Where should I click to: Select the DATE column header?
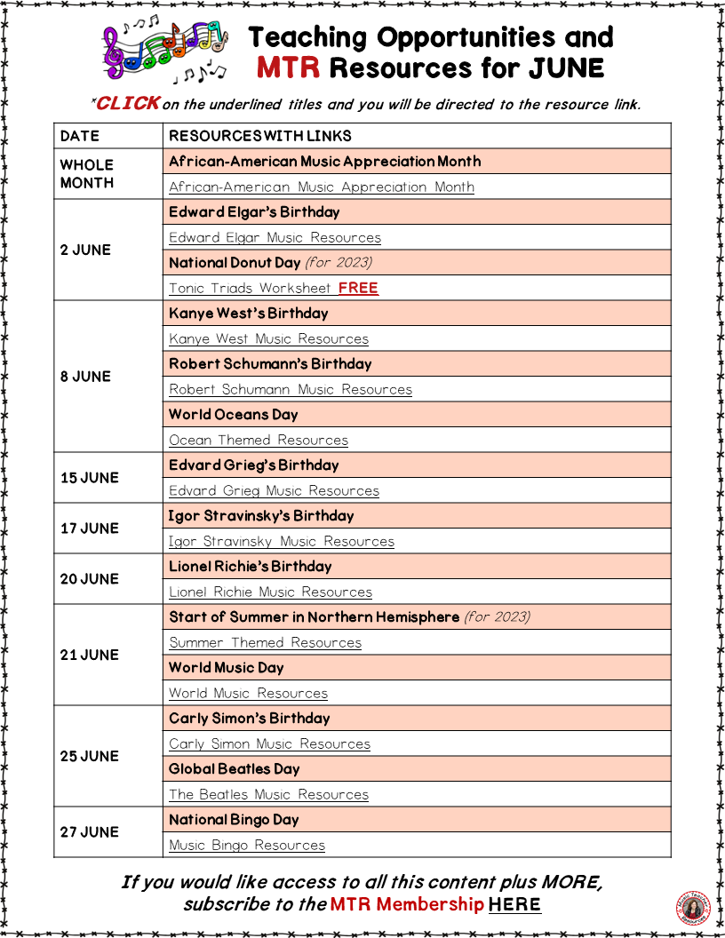[x=80, y=136]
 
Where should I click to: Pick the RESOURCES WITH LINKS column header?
[x=260, y=136]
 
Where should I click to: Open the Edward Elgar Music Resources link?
[x=275, y=237]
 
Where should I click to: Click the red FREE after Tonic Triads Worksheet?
[x=358, y=288]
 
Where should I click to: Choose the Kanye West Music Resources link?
[x=268, y=338]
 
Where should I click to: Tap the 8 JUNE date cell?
[x=85, y=377]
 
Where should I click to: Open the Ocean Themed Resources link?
[x=259, y=440]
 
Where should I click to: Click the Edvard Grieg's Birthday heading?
[x=254, y=465]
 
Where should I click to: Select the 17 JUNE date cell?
[x=89, y=529]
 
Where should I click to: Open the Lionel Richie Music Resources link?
[x=270, y=592]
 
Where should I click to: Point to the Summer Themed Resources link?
[x=265, y=642]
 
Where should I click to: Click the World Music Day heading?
[x=227, y=667]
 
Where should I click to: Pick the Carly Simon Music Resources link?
[x=269, y=743]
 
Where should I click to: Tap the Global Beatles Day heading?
[x=234, y=768]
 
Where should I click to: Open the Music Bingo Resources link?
[x=247, y=845]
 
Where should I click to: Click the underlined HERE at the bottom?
[x=514, y=904]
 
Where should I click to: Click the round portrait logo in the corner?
[x=694, y=908]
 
